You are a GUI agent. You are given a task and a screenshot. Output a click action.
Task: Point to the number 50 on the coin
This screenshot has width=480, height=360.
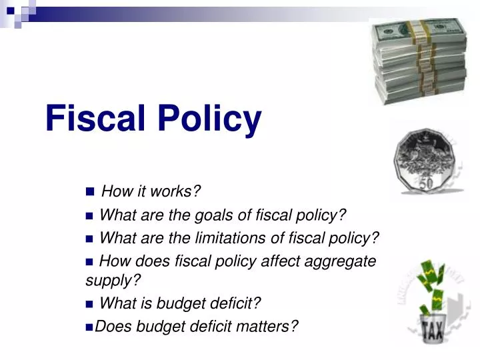426,182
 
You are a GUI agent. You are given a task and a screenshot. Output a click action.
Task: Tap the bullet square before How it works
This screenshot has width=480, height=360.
91,193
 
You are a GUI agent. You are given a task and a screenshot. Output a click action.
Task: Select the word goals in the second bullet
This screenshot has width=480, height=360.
209,215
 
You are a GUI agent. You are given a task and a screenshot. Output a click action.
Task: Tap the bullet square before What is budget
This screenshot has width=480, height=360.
90,305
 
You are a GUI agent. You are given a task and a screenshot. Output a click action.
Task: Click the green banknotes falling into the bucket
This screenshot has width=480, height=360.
433,283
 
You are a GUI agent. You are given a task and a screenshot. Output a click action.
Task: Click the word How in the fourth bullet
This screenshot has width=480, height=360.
113,261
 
